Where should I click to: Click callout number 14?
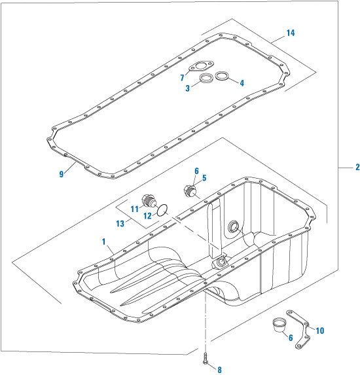tap(291, 32)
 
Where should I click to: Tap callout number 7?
tap(183, 78)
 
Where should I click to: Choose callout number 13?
tap(122, 223)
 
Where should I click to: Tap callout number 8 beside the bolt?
tap(219, 370)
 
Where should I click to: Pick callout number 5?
tap(204, 177)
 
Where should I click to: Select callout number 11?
tap(134, 209)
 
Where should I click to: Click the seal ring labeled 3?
tap(206, 80)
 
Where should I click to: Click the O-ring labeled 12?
tap(164, 210)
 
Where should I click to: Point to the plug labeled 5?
tap(189, 192)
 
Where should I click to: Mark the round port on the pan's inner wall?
tap(232, 228)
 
